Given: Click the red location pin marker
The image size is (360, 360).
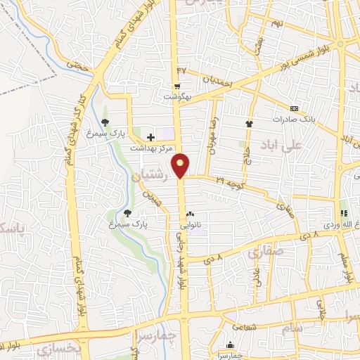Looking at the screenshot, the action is tap(182, 164).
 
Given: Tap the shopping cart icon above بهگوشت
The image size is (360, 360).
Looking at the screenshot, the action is tap(177, 85).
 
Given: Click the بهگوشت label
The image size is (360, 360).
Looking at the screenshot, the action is tap(177, 96).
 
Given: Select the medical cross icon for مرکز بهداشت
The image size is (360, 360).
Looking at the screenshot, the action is tap(150, 136).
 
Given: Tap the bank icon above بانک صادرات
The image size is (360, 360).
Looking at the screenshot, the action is tap(294, 109).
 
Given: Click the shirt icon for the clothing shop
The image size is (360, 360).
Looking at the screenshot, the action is tap(248, 124).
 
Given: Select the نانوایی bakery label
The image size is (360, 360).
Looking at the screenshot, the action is tap(191, 226).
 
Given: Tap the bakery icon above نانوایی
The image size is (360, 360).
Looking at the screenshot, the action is tap(190, 216).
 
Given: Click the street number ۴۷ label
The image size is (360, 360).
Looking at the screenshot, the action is tap(183, 71).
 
